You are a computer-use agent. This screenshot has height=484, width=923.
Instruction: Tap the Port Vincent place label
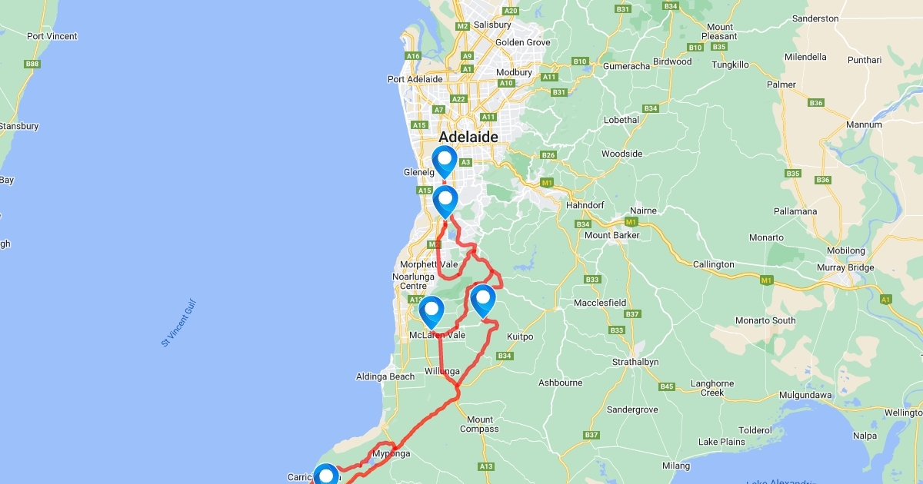(52, 36)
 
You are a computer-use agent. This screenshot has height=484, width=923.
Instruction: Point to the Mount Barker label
(611, 235)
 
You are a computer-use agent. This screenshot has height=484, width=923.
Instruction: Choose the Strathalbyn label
(635, 362)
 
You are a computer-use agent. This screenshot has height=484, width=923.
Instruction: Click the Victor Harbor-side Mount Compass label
(480, 424)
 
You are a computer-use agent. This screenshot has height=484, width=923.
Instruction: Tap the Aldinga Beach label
(385, 376)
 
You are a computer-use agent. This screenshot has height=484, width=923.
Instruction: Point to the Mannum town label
(864, 124)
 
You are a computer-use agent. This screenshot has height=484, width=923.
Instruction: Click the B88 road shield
(32, 64)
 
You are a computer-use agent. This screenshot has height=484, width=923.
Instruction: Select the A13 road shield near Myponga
(485, 466)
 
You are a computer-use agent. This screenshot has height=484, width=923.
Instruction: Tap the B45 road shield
(666, 386)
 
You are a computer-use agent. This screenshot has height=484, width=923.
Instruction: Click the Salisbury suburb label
(492, 25)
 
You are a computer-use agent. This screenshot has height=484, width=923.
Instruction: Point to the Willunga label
(442, 371)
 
